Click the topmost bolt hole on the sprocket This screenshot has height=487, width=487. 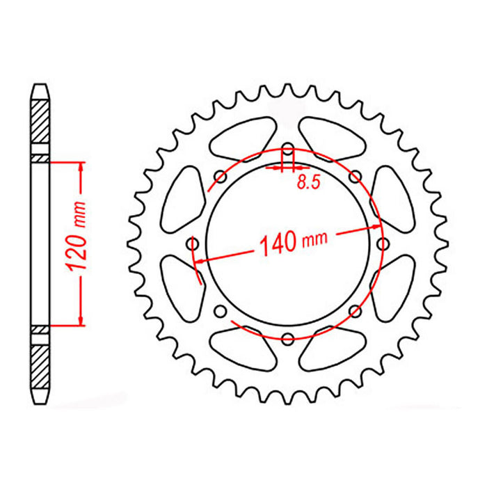287,148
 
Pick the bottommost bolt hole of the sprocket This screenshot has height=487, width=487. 287,338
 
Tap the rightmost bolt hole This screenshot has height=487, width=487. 382,243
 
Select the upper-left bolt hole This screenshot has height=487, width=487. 221,176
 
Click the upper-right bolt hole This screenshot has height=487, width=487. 355,176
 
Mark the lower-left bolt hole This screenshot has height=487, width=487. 221,310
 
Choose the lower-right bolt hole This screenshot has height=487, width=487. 355,310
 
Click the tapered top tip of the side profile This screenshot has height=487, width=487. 40,90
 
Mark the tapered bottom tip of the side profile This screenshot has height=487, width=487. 40,397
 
